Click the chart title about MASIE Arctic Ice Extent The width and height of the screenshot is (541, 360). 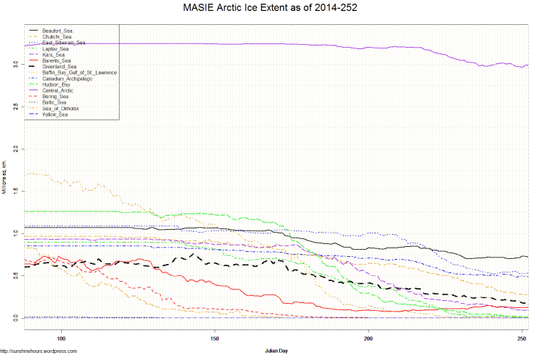pyautogui.click(x=270, y=9)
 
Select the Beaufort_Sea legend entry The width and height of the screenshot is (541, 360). pyautogui.click(x=57, y=31)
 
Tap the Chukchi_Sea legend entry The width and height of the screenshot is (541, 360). pyautogui.click(x=56, y=37)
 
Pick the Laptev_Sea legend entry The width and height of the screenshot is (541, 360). pyautogui.click(x=55, y=48)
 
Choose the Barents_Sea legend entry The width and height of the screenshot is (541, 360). pyautogui.click(x=56, y=60)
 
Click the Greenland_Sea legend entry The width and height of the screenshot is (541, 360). pyautogui.click(x=59, y=67)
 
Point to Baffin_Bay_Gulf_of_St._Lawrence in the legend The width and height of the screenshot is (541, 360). pyautogui.click(x=79, y=73)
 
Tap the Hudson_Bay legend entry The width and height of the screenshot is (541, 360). pyautogui.click(x=56, y=85)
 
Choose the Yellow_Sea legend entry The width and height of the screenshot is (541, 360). pyautogui.click(x=55, y=114)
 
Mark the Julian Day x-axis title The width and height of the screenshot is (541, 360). pyautogui.click(x=276, y=351)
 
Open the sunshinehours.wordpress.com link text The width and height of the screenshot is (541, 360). pyautogui.click(x=38, y=351)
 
